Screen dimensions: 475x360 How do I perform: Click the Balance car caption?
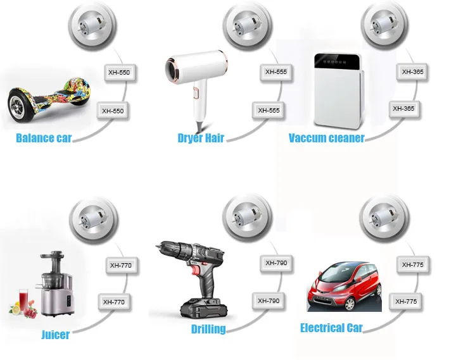click(x=44, y=138)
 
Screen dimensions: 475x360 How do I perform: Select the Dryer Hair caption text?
click(x=201, y=138)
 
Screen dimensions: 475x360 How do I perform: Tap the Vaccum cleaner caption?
click(x=326, y=138)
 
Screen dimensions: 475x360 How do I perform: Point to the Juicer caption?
click(x=55, y=334)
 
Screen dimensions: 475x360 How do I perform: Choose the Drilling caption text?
click(x=208, y=329)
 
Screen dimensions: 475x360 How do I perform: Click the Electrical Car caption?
click(x=331, y=328)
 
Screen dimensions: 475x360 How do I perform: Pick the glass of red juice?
click(x=25, y=297)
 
